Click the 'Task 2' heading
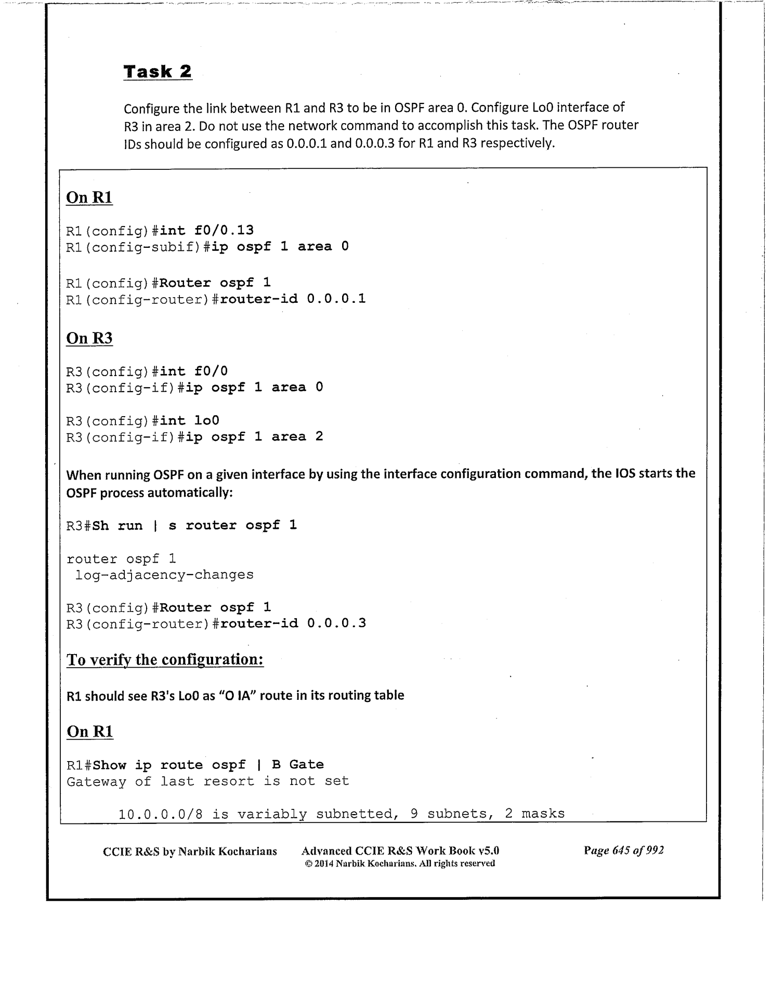tap(158, 71)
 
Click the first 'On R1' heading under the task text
tap(89, 198)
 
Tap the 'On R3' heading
tap(89, 338)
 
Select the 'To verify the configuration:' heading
tap(165, 660)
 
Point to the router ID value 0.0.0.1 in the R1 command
tap(336, 299)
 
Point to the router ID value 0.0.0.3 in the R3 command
tap(336, 623)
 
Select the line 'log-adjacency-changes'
tap(164, 575)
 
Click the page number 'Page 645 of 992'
tap(623, 850)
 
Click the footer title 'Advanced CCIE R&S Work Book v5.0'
tap(400, 851)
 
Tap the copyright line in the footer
tap(400, 863)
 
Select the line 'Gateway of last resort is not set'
tap(208, 781)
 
